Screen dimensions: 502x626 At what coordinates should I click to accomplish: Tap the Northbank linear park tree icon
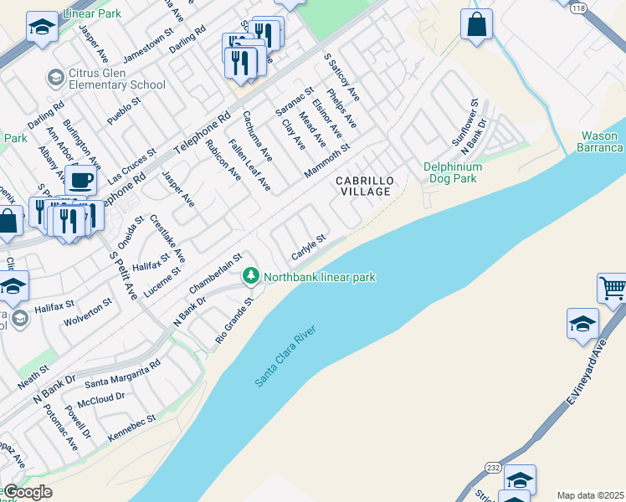[x=249, y=275]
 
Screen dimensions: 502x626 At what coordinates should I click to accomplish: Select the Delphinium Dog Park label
[x=452, y=172]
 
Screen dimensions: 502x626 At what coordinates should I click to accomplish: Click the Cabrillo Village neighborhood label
[x=363, y=186]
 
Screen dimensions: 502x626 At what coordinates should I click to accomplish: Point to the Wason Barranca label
[x=601, y=141]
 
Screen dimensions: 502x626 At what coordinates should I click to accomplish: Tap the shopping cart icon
[x=613, y=289]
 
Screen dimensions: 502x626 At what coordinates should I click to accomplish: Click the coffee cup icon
[x=81, y=180]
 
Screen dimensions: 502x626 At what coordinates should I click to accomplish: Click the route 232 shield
[x=494, y=467]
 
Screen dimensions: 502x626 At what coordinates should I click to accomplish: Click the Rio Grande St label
[x=233, y=320]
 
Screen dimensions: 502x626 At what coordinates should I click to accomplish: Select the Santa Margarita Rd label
[x=122, y=374]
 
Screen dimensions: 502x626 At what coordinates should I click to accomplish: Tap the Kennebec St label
[x=133, y=424]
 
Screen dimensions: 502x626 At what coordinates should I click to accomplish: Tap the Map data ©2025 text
[x=590, y=495]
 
